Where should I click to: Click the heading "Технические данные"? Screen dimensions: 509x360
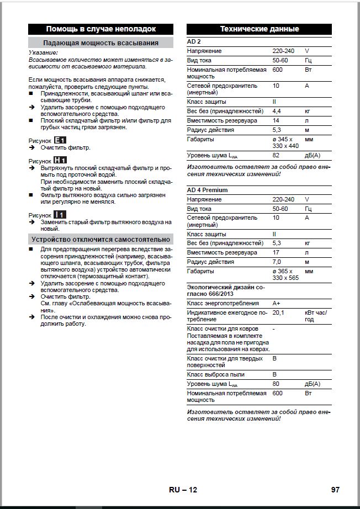260,29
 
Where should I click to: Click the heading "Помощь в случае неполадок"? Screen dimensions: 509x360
100,29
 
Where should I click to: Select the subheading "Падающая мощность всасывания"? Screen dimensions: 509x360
100,43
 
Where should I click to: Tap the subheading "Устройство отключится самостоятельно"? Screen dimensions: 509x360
100,239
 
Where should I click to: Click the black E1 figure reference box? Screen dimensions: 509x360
60,140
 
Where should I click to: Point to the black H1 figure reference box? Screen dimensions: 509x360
60,160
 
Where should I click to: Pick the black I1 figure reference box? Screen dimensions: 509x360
60,214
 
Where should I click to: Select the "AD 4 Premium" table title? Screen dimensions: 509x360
207,190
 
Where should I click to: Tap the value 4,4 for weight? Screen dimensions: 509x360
277,111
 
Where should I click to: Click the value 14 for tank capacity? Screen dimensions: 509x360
276,120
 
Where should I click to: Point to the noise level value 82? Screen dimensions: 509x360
276,156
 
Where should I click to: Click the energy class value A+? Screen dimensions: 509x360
277,303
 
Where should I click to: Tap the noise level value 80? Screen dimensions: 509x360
276,384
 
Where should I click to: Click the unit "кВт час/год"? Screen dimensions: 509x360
316,316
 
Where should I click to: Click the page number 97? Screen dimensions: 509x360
335,490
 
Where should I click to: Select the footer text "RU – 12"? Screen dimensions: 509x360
183,490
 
